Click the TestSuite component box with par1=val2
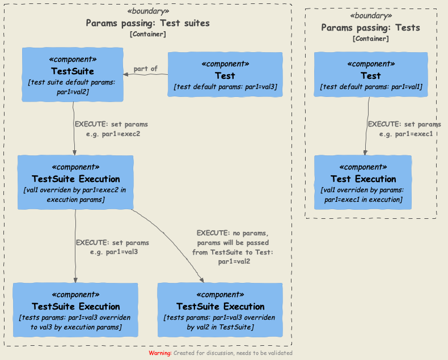pos(73,74)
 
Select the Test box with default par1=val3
pos(225,74)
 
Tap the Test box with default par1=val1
pos(370,74)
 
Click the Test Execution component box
pos(363,182)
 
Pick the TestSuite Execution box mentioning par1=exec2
pos(75,183)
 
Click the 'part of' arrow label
pos(146,69)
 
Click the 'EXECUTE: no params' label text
pos(232,232)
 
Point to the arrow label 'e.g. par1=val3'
pos(114,251)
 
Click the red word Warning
pos(160,353)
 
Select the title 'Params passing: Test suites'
pos(147,23)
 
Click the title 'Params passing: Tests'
pos(370,28)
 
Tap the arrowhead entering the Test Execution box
pos(365,152)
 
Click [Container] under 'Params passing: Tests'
pos(370,39)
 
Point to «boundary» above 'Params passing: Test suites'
pos(147,11)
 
